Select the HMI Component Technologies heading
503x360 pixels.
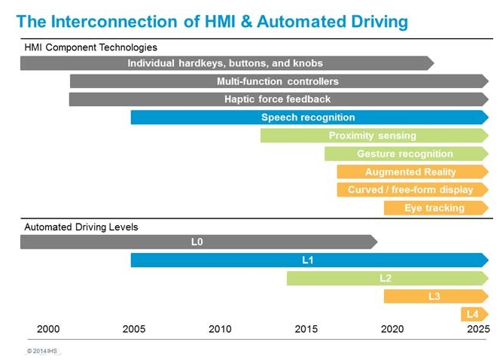[x=91, y=48]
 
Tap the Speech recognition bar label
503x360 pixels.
[x=308, y=117]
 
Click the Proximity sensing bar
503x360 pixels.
[x=372, y=136]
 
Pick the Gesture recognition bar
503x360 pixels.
[x=405, y=154]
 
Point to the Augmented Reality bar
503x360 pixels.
[x=410, y=172]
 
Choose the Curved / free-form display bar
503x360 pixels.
[x=410, y=190]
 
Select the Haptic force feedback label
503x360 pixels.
[x=277, y=99]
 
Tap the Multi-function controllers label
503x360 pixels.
[x=278, y=81]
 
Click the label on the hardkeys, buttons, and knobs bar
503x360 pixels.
[x=225, y=63]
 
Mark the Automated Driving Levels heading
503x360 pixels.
[x=81, y=227]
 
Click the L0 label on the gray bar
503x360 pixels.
[x=197, y=242]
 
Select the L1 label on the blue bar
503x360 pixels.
[x=308, y=260]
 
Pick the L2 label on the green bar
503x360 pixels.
[x=386, y=278]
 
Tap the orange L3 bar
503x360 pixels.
[x=434, y=297]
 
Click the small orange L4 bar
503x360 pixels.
[x=473, y=314]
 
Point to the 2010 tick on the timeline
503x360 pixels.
[x=220, y=329]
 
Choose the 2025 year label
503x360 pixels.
[x=478, y=329]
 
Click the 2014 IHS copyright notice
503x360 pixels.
[x=42, y=351]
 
